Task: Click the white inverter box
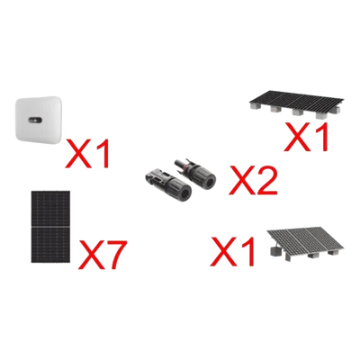point(38,120)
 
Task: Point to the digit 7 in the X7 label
point(112,254)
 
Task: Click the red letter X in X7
point(89,254)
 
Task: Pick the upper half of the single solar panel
point(50,208)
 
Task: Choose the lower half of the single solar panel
point(50,245)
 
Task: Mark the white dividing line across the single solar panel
point(50,227)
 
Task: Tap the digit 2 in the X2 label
point(265,180)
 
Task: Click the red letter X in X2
point(241,180)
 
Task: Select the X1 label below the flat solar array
point(305,137)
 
